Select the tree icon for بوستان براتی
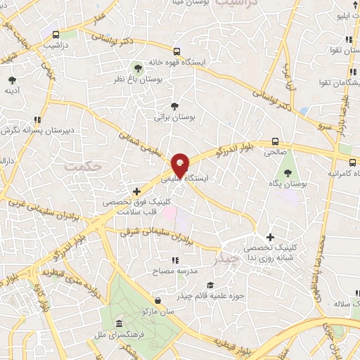tap(174, 105)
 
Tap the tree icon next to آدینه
tap(11, 79)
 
